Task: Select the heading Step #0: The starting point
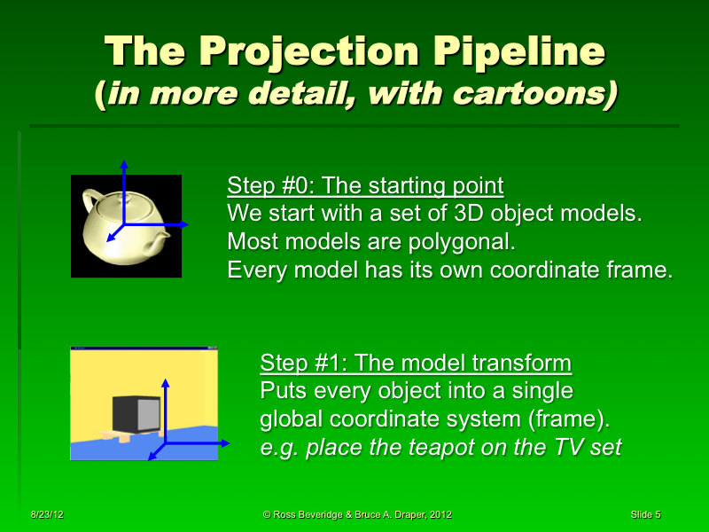tap(365, 186)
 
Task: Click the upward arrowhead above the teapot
tap(124, 165)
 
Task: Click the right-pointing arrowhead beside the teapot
tap(183, 225)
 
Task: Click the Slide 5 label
tap(645, 514)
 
